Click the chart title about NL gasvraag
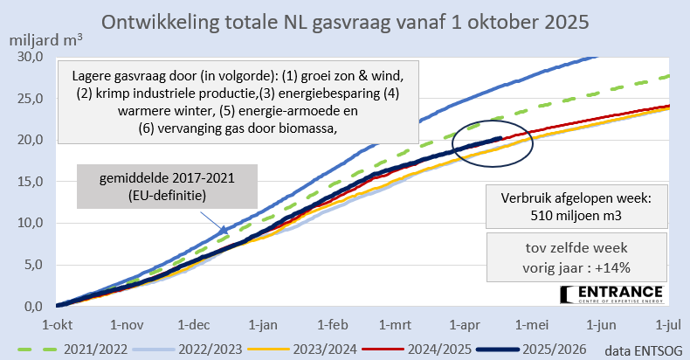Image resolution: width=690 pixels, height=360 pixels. tap(346, 21)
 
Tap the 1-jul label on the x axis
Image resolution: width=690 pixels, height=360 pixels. tap(667, 323)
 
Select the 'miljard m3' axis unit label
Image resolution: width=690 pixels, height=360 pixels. tap(46, 39)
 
